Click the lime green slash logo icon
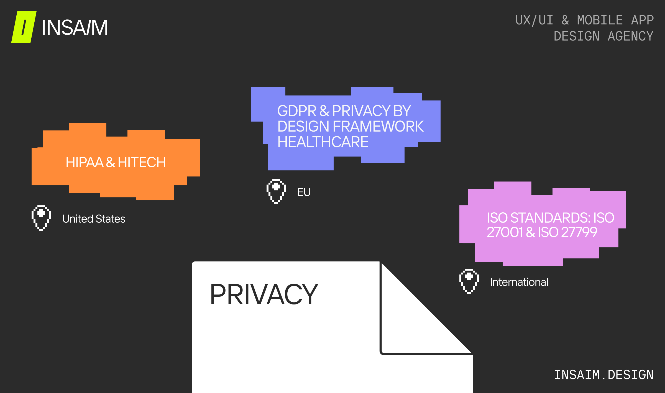[24, 27]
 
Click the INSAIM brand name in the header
[75, 27]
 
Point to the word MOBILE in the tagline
[600, 20]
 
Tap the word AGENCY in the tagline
[631, 36]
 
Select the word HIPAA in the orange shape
[85, 162]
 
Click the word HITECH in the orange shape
[142, 162]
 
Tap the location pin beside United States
[41, 218]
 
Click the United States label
[94, 219]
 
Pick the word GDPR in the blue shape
[297, 111]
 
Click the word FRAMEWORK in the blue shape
[378, 126]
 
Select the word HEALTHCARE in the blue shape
[323, 142]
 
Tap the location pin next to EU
[276, 191]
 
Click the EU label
[304, 192]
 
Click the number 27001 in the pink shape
[505, 232]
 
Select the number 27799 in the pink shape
[579, 232]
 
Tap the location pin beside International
[469, 281]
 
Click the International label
[519, 282]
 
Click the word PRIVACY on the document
[264, 294]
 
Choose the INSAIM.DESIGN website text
[604, 375]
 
